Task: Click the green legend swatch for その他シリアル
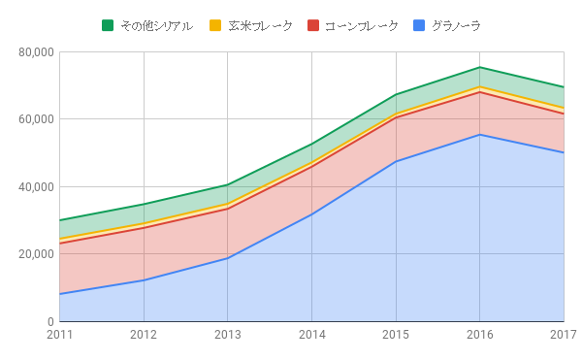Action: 108,25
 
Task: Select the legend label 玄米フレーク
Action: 260,25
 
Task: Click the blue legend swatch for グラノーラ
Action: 420,25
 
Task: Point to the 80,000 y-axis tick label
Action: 36,52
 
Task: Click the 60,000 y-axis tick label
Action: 36,119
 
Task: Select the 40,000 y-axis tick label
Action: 36,187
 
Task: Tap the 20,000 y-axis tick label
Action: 36,254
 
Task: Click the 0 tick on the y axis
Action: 49,322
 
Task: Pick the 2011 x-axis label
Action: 59,336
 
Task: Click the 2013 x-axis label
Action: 227,336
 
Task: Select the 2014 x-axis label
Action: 311,336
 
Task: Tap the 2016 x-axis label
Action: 479,336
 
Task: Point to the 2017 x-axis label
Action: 563,336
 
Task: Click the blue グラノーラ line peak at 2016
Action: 479,135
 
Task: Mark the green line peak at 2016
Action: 479,67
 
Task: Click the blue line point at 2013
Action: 227,258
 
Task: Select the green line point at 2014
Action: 311,144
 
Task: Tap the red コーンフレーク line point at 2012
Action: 144,227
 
